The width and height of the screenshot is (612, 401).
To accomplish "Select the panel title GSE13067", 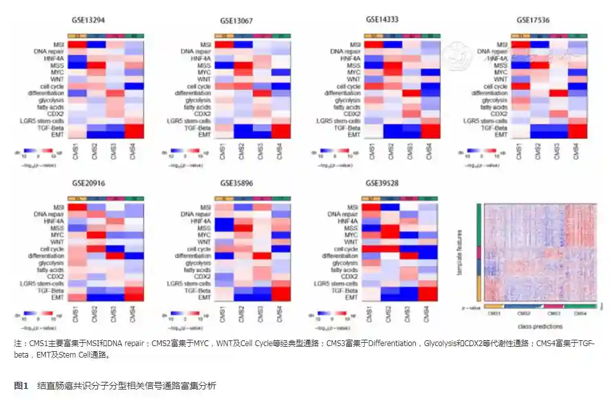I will click(x=236, y=21).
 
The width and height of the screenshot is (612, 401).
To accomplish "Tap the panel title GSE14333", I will click(x=382, y=20).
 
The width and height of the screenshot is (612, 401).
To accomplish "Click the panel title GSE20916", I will click(x=89, y=183).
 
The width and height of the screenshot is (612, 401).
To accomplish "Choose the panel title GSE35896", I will click(x=236, y=183).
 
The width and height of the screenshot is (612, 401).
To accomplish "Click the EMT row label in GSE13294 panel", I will click(x=59, y=135).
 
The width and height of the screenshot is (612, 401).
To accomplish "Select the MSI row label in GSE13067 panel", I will click(x=206, y=44).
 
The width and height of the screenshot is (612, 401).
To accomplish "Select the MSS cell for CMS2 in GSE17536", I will click(x=538, y=65).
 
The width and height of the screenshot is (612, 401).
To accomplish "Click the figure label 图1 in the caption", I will click(x=22, y=386).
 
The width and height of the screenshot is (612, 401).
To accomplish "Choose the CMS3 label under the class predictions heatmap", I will click(x=553, y=314).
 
